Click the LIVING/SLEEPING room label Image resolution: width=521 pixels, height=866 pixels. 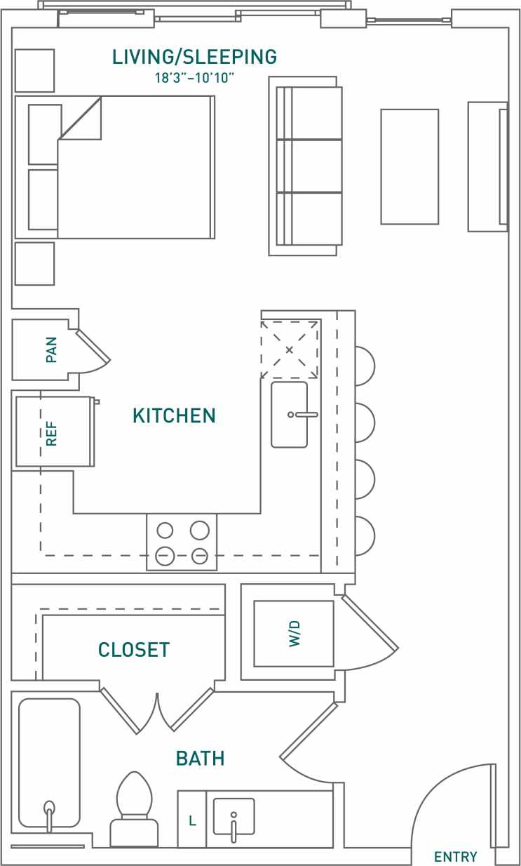tap(195, 57)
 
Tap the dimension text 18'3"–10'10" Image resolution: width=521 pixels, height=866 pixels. tap(194, 77)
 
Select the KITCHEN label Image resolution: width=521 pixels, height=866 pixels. tap(174, 416)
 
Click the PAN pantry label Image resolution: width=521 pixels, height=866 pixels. tap(51, 349)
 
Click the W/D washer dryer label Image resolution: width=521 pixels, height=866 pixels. tap(295, 634)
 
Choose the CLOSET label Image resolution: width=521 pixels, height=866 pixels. tap(134, 650)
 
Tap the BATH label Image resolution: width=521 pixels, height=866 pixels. tap(200, 759)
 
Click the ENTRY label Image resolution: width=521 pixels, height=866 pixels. tap(455, 857)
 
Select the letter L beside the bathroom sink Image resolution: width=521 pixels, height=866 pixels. tap(191, 820)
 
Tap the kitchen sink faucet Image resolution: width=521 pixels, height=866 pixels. tap(304, 415)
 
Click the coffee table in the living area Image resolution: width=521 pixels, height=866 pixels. tap(410, 166)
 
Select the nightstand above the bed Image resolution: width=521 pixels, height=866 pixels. tap(34, 70)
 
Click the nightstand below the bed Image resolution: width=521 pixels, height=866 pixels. tap(34, 264)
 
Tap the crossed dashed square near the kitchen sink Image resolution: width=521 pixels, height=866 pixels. tap(290, 349)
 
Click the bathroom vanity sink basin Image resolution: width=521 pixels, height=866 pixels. tap(234, 816)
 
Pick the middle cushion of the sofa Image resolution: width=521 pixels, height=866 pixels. tap(316, 166)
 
